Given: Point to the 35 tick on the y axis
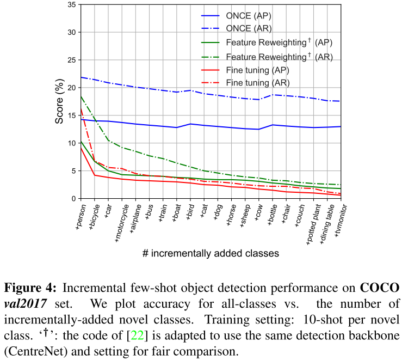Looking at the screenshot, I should coord(71,4).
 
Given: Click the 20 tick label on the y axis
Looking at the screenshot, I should coord(71,88).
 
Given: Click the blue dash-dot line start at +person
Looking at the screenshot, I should coord(81,77).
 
